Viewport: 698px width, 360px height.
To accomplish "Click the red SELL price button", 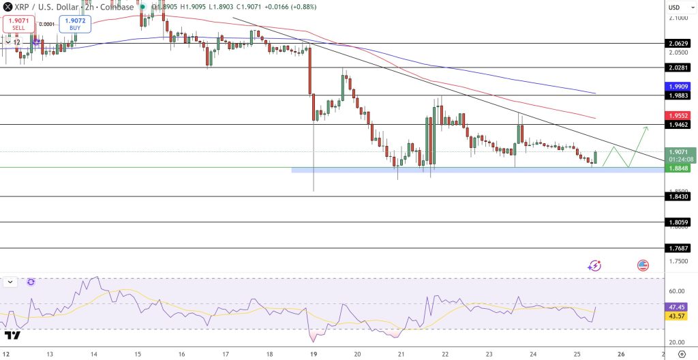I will click(x=18, y=24).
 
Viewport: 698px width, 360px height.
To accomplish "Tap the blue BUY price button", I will click(x=74, y=24).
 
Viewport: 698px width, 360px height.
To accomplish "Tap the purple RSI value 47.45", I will click(x=676, y=307).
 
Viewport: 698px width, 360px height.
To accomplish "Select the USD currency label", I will click(x=674, y=7).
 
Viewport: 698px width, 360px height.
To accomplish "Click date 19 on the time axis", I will click(x=313, y=355).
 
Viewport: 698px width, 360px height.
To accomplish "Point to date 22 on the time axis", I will click(x=445, y=355).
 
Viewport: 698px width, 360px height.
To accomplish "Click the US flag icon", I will click(x=643, y=265).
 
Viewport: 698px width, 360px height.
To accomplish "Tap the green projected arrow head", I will click(x=645, y=128).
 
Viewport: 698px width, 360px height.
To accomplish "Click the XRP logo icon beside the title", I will click(x=7, y=6).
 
